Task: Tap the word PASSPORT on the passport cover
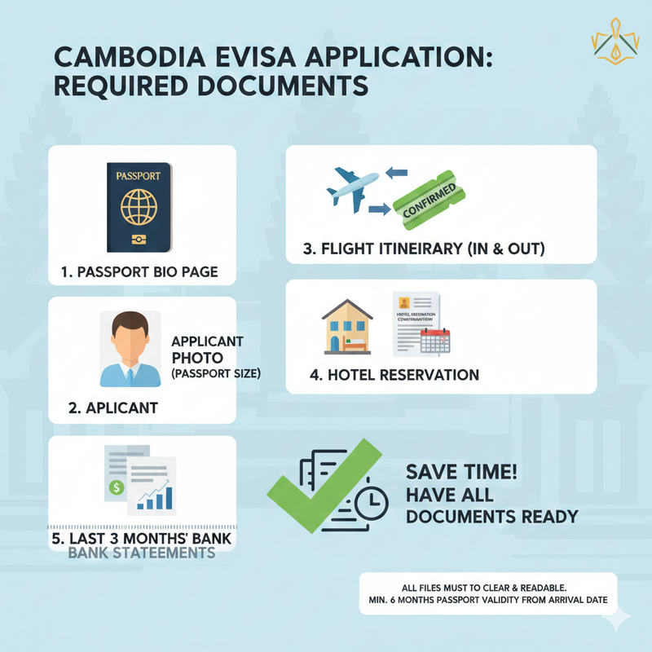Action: click(x=139, y=174)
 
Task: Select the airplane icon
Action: click(x=352, y=187)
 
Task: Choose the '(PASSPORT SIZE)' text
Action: click(x=219, y=373)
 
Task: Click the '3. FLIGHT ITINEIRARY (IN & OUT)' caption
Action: click(x=423, y=248)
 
